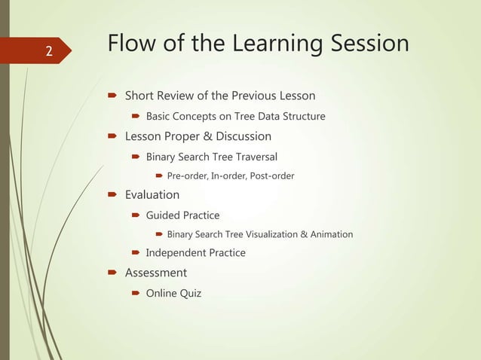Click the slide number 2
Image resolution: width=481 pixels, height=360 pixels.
click(49, 52)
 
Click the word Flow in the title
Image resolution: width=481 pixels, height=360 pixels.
click(130, 43)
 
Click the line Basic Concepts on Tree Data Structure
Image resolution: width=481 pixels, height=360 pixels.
click(235, 116)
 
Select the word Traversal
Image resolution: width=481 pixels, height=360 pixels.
click(253, 157)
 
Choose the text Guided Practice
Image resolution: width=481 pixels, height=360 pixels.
click(182, 215)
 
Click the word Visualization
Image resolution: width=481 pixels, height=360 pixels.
click(266, 234)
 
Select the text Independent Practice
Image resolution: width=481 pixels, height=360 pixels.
click(195, 253)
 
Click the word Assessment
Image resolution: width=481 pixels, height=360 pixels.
click(155, 273)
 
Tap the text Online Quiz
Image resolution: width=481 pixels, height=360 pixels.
click(173, 293)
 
